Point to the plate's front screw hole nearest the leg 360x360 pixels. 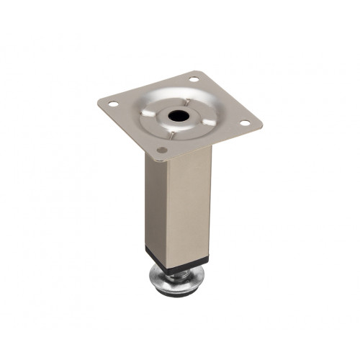pyautogui.click(x=161, y=151)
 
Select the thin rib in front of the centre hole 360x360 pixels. pyautogui.click(x=170, y=134)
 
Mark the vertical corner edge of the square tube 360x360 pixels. pyautogui.click(x=170, y=209)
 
